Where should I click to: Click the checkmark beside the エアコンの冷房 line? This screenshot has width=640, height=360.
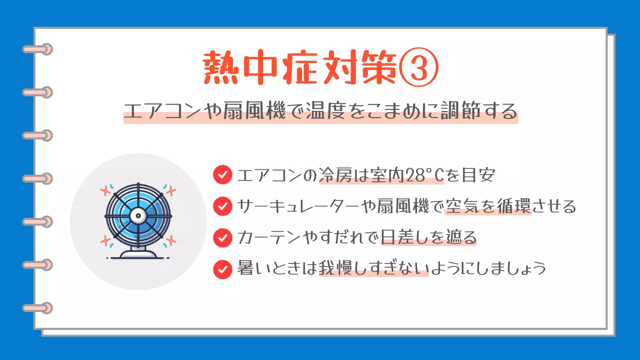[222, 175]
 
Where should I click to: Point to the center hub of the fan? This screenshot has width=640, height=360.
[137, 215]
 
